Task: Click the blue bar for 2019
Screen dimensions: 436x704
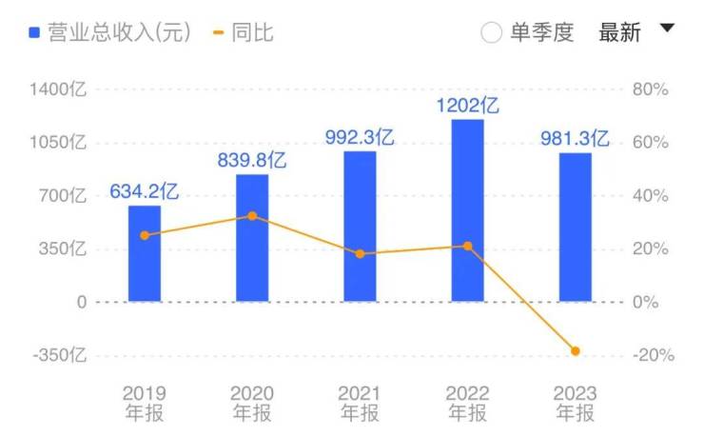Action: pos(145,253)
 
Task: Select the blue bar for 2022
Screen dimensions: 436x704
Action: pos(467,210)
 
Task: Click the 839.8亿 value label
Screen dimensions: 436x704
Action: pos(252,161)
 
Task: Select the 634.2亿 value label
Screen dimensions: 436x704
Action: pos(145,191)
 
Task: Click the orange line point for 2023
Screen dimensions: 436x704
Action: pos(575,351)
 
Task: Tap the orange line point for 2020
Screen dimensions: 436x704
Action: pos(252,216)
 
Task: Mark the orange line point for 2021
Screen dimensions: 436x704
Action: pos(360,254)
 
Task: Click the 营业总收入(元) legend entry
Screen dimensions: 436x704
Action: pos(109,32)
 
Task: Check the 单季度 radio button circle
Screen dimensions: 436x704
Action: pos(491,32)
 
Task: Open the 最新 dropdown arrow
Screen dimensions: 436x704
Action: pos(667,29)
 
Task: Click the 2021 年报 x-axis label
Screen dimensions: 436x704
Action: pos(360,404)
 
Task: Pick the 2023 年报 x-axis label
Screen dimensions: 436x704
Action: pos(575,404)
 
